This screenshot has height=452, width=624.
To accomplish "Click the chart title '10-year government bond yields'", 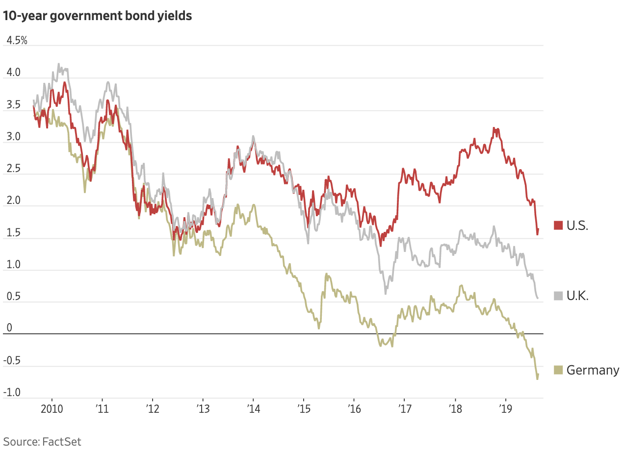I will (x=97, y=16).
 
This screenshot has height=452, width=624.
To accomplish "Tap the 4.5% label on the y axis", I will (x=16, y=40).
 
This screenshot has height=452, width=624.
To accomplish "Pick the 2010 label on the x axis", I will (x=52, y=408).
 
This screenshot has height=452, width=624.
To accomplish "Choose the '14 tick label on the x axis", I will (x=253, y=408).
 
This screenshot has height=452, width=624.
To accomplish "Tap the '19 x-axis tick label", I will (x=506, y=408).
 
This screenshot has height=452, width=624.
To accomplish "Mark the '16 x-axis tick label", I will (x=354, y=408).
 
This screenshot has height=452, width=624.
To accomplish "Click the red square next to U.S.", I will (x=558, y=226).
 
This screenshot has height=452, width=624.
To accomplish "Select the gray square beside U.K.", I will (x=558, y=296).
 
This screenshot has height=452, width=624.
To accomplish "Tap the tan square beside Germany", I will (x=558, y=370).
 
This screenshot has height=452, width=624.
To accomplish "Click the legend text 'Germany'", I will (x=593, y=370).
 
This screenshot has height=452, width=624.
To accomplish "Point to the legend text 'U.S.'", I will (x=577, y=226).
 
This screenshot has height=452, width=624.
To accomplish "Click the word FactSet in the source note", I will (x=61, y=441).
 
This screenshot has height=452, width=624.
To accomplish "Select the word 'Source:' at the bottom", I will (x=20, y=441).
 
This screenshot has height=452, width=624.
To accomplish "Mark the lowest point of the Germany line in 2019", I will (x=537, y=379).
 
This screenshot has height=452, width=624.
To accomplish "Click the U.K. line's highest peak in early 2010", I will (x=59, y=64).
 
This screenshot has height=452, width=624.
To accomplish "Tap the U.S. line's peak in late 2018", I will (x=494, y=128).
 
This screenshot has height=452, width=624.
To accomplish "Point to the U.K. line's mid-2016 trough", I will (x=386, y=293).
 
